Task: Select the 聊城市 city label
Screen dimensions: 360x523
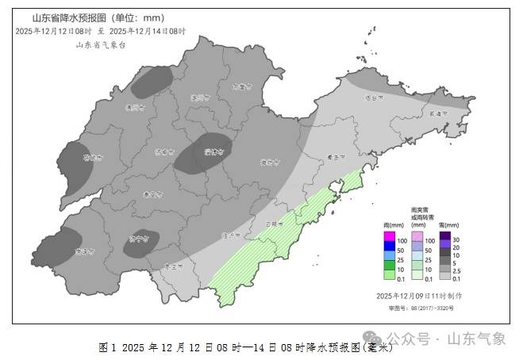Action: [x=94, y=158]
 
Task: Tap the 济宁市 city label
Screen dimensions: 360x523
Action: [x=139, y=237]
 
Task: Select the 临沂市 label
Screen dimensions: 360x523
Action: [x=231, y=235]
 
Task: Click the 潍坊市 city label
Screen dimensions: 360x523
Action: [x=270, y=163]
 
